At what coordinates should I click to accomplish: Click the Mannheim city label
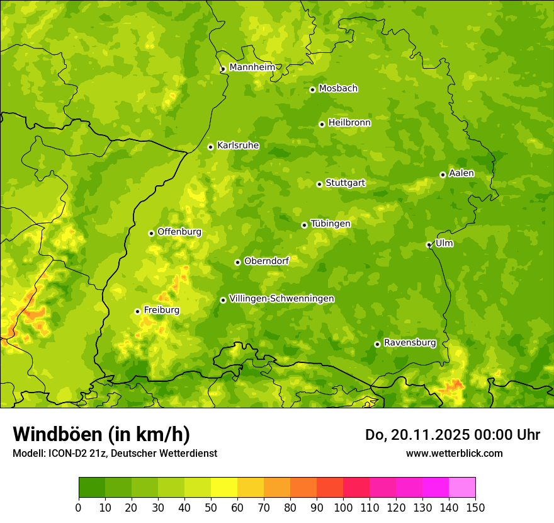click(x=252, y=67)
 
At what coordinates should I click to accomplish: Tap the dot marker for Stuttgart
click(x=319, y=184)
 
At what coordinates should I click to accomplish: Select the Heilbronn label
click(x=349, y=123)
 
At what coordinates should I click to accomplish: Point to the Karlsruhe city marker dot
click(x=210, y=147)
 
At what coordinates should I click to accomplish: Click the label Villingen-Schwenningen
click(x=281, y=299)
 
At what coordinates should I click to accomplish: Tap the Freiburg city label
click(x=161, y=310)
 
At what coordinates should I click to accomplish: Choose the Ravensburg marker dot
click(x=377, y=344)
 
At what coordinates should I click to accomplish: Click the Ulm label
click(x=444, y=243)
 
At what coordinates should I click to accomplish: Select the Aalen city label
click(x=461, y=173)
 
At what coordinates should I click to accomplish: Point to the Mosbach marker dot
click(x=312, y=89)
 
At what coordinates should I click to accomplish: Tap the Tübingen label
click(x=330, y=224)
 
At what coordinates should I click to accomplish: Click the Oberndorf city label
click(x=266, y=261)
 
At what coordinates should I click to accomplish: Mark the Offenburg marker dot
click(x=151, y=233)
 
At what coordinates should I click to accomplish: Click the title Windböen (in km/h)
click(x=101, y=434)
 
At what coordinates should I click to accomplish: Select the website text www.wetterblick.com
click(x=454, y=453)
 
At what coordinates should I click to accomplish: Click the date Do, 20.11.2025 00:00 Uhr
click(x=452, y=435)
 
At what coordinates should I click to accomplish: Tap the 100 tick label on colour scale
click(x=343, y=508)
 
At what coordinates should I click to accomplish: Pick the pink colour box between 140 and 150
click(x=462, y=488)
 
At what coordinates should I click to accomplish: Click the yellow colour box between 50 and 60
click(x=224, y=488)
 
